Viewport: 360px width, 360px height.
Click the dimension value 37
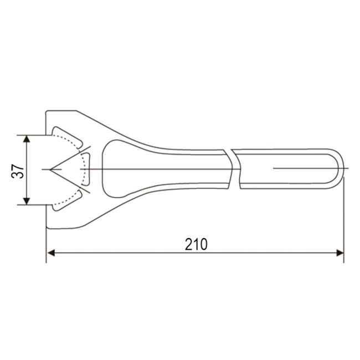19,169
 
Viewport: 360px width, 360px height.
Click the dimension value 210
196,244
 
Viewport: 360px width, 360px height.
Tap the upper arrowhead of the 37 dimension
27,138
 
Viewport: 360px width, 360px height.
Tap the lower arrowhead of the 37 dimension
27,200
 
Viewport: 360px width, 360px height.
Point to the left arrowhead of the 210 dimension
50,253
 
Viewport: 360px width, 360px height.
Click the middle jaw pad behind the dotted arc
86,169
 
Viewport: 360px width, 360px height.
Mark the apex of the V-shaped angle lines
49,169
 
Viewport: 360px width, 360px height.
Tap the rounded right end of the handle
337,168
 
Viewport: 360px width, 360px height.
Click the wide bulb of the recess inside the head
119,168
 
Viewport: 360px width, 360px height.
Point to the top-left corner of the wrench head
47,111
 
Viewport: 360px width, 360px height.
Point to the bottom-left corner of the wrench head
47,227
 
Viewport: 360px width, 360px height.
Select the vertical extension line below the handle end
343,222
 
